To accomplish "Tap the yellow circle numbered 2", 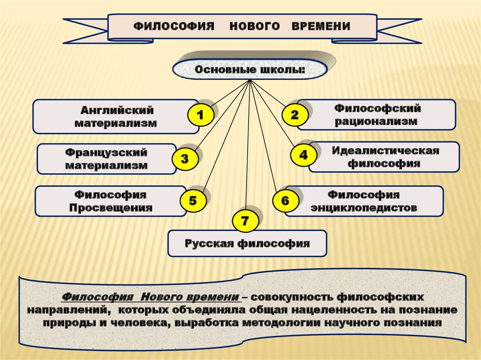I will click(295, 115).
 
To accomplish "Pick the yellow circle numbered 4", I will click(303, 155).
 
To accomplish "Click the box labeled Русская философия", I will click(247, 243).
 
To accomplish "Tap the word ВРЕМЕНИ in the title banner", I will click(321, 26).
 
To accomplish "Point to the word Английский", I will click(117, 111).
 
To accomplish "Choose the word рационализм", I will click(377, 121).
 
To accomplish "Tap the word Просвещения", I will click(111, 207).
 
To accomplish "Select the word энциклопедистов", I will click(364, 207).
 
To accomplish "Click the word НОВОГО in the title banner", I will click(252, 26).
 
